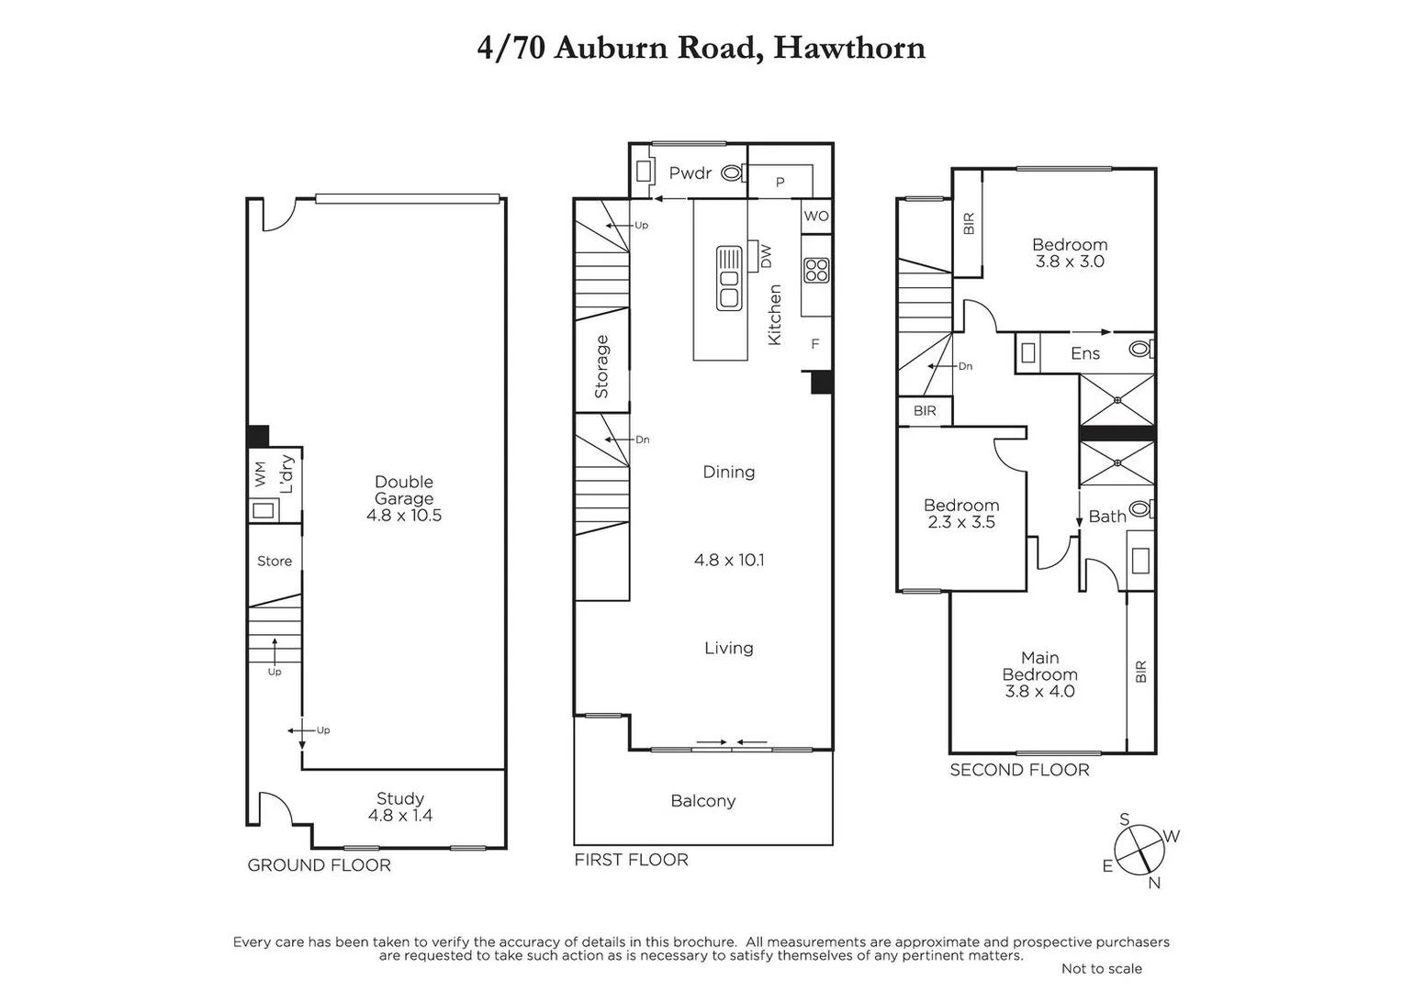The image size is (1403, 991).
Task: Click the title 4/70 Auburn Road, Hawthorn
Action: [x=701, y=48]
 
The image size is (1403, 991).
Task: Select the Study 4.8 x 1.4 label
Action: [x=400, y=807]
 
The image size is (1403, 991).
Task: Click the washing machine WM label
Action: [x=261, y=473]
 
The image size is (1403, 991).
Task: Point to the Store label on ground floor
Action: [x=275, y=561]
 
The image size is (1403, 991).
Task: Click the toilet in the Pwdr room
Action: [x=732, y=173]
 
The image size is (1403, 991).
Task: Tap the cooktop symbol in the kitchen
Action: [x=816, y=270]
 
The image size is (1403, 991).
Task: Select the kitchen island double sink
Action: [x=729, y=278]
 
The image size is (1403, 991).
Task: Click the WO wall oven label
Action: [x=816, y=217]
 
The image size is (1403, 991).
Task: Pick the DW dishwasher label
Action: [x=766, y=256]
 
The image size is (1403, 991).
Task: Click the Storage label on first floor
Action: [x=602, y=366]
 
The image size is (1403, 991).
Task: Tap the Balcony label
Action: [x=703, y=801]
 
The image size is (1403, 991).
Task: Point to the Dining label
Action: [x=729, y=472]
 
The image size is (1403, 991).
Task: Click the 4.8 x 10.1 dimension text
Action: [x=729, y=560]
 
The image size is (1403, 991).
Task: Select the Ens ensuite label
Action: [x=1085, y=353]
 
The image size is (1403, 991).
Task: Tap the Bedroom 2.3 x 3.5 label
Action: [x=961, y=514]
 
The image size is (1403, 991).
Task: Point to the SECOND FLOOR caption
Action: [x=1019, y=770]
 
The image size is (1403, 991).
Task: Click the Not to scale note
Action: [x=1102, y=968]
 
